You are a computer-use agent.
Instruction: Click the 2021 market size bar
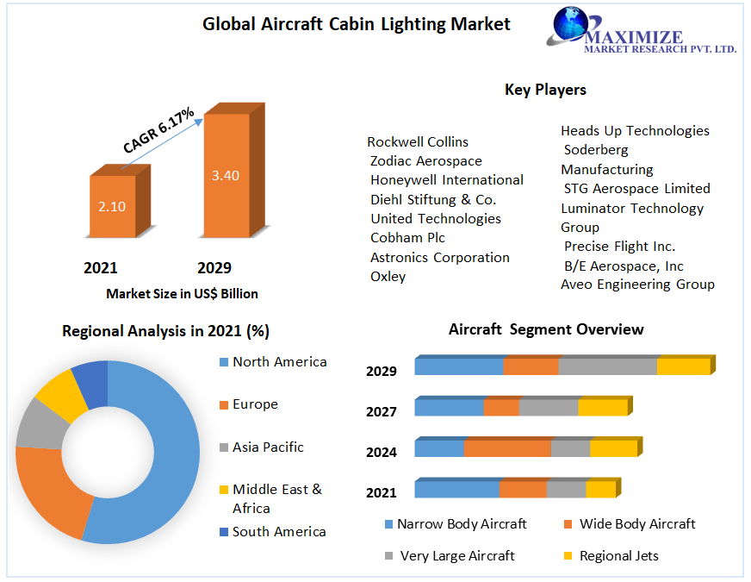click(x=113, y=206)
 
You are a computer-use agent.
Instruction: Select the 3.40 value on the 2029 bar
click(x=226, y=175)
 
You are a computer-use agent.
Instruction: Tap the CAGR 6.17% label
click(x=158, y=132)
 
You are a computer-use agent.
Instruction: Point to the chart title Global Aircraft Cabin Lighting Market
click(x=356, y=24)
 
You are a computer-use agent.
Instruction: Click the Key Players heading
click(x=545, y=90)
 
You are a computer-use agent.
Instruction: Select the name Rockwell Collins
click(x=418, y=141)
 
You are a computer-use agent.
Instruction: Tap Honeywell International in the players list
click(x=446, y=179)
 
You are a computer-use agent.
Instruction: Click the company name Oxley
click(x=388, y=276)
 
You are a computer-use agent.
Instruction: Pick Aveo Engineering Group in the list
click(x=637, y=284)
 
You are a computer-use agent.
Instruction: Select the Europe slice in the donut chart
click(x=52, y=491)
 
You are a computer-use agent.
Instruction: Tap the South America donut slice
click(x=90, y=383)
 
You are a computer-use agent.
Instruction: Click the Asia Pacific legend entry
click(x=267, y=447)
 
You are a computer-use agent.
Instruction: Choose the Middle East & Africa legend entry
click(x=276, y=498)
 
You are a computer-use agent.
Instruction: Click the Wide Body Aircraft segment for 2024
click(x=507, y=448)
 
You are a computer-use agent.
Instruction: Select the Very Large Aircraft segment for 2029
click(x=607, y=366)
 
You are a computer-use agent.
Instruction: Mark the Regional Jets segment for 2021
click(x=600, y=490)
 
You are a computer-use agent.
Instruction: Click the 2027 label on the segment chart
click(x=381, y=411)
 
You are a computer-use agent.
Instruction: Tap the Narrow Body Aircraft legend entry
click(x=461, y=524)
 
